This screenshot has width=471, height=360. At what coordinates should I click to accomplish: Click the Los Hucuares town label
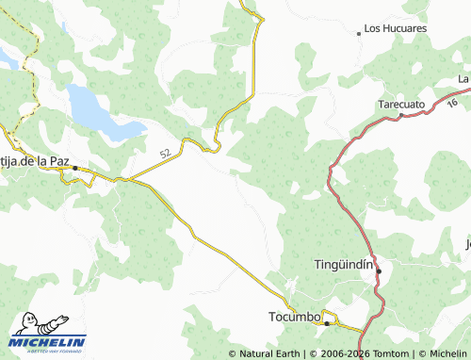point(396,29)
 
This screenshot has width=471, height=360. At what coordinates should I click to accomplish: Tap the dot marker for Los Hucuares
point(359,33)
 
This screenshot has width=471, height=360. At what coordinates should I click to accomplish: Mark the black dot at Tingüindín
point(379,271)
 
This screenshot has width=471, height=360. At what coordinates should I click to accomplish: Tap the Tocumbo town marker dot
point(327,323)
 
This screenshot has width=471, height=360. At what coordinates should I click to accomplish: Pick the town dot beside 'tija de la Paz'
point(75,168)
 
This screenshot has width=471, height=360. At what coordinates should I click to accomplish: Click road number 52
point(165,153)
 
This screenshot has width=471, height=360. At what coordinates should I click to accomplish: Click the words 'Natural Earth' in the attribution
point(268,353)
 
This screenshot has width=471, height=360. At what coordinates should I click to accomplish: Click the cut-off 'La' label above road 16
point(463,78)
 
